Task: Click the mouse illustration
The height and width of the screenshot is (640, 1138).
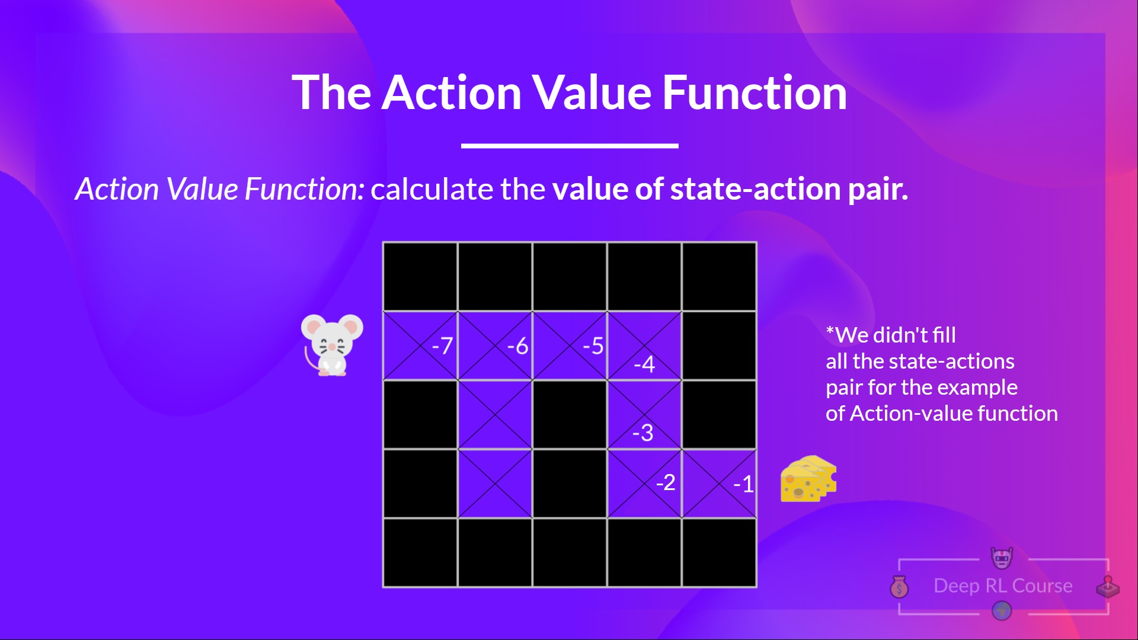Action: [332, 345]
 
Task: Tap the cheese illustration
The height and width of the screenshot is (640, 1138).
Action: [808, 479]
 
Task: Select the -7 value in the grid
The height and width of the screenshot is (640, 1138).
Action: [443, 345]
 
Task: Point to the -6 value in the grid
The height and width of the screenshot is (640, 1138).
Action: [518, 345]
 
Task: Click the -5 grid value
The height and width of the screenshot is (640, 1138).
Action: [593, 345]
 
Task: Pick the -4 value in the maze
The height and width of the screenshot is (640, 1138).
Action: [644, 363]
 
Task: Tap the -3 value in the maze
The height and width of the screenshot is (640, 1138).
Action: [642, 433]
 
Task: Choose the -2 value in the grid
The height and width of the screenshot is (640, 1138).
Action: [666, 482]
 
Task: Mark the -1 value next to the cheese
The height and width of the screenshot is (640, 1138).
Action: [744, 484]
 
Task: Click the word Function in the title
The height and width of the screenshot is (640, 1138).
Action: [755, 92]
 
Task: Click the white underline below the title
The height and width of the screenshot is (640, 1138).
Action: [570, 145]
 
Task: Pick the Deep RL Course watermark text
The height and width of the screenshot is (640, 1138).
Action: [1003, 585]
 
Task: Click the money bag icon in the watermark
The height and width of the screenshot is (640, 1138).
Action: [899, 587]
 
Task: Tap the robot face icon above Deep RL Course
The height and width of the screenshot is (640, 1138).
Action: [1002, 557]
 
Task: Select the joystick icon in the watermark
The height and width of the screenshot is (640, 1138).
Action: [1107, 587]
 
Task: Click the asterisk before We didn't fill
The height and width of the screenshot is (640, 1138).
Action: [830, 329]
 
